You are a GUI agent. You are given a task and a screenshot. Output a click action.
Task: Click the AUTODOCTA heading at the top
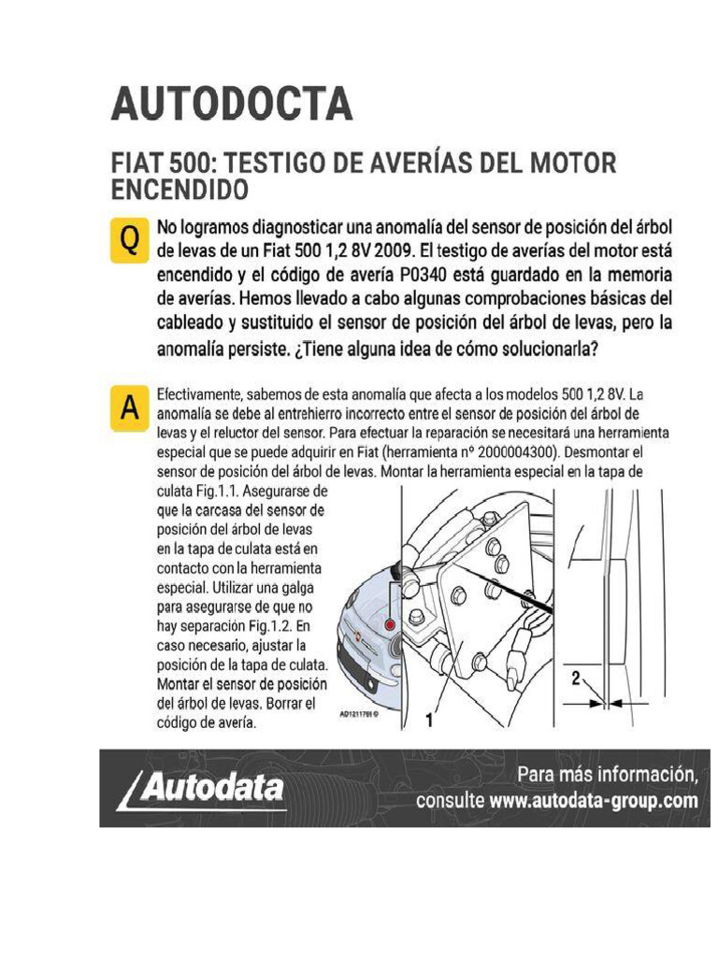(232, 104)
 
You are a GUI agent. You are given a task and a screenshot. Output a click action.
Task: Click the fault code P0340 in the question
(425, 278)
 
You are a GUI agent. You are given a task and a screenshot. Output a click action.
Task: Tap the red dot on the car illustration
(389, 622)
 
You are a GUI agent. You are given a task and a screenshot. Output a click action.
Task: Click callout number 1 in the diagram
(429, 720)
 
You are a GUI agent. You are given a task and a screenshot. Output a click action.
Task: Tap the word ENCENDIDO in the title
(180, 190)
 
